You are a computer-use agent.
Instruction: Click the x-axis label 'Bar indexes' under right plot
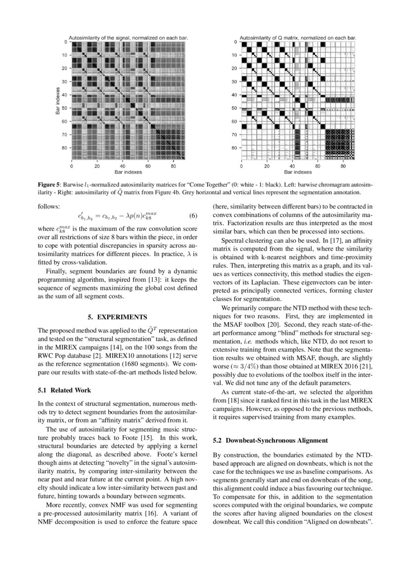(298, 172)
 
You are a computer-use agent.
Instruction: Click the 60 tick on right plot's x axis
(318, 166)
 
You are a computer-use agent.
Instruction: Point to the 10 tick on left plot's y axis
(65, 55)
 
